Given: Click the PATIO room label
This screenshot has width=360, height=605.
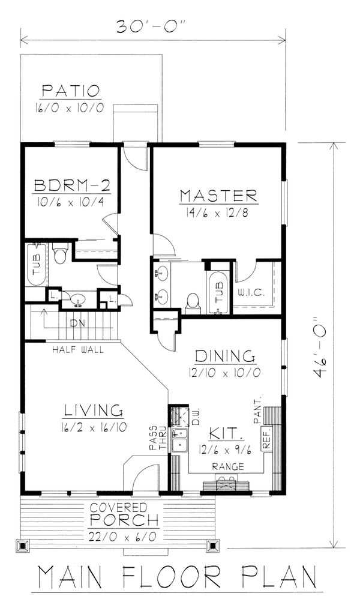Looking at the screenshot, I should coord(70,92).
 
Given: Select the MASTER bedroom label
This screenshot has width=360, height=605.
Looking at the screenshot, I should coord(218,196).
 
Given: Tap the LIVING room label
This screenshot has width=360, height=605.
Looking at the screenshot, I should coord(94,411).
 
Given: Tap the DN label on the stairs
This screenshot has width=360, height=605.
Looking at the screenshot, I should coord(77,323).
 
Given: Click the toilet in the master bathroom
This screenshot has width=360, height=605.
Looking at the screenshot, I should coord(193,302).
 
